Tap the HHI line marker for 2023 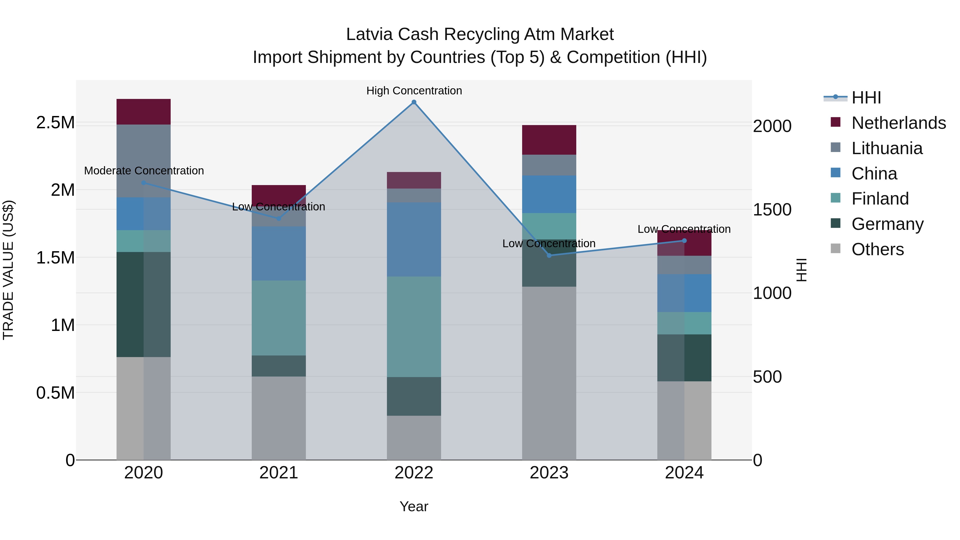pyautogui.click(x=549, y=255)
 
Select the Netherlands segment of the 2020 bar pyautogui.click(x=143, y=111)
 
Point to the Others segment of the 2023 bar pyautogui.click(x=549, y=373)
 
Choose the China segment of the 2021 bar pyautogui.click(x=279, y=253)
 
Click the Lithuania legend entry pyautogui.click(x=887, y=148)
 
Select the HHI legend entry pyautogui.click(x=866, y=98)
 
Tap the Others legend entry pyautogui.click(x=877, y=249)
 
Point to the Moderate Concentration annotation pyautogui.click(x=144, y=171)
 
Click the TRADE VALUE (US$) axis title pyautogui.click(x=8, y=270)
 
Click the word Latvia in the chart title pyautogui.click(x=369, y=34)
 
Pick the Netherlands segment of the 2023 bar pyautogui.click(x=549, y=140)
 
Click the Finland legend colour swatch pyautogui.click(x=836, y=198)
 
